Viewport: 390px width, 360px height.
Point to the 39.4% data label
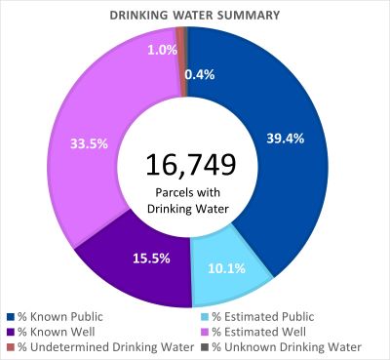click(285, 139)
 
